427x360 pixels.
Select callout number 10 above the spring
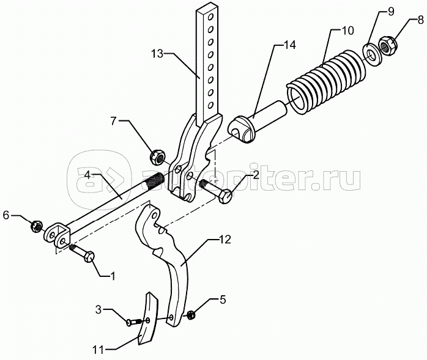pos(347,31)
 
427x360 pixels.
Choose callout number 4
pos(88,175)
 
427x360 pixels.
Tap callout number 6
pos(7,215)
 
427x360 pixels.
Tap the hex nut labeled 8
pos(387,44)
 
